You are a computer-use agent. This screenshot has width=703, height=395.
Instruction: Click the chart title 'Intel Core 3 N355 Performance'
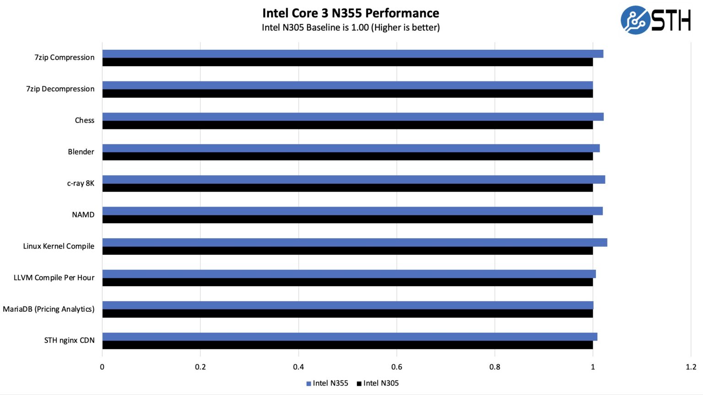(351, 13)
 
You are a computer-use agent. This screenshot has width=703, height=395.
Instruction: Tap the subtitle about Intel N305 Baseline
(351, 27)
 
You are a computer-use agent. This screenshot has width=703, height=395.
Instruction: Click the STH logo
(655, 20)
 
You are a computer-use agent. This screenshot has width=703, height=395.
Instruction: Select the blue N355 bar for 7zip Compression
(352, 54)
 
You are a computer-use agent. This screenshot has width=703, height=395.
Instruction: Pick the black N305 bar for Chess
(347, 125)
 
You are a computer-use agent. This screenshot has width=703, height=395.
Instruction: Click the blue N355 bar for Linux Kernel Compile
(355, 242)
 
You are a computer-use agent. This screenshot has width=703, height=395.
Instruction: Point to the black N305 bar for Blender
(347, 156)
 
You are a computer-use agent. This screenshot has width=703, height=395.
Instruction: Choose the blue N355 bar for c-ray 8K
(353, 180)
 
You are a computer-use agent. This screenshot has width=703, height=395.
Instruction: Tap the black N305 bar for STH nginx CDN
(347, 345)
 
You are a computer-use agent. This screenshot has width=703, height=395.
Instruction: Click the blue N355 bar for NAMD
(352, 211)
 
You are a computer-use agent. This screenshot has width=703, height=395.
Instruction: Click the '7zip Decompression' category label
(60, 89)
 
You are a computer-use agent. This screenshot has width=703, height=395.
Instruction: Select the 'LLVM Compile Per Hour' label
(54, 278)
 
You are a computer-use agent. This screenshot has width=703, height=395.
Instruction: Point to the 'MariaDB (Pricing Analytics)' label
(49, 309)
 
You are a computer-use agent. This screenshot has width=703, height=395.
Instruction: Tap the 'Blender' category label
(81, 152)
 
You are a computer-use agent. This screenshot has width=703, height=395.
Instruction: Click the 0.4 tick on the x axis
(298, 367)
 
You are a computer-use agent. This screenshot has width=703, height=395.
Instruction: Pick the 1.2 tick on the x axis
(691, 367)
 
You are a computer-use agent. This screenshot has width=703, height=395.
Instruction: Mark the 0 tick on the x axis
(102, 367)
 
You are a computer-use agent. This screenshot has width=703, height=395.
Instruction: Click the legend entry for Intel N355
(327, 383)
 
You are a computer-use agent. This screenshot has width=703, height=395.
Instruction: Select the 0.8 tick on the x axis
(495, 367)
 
